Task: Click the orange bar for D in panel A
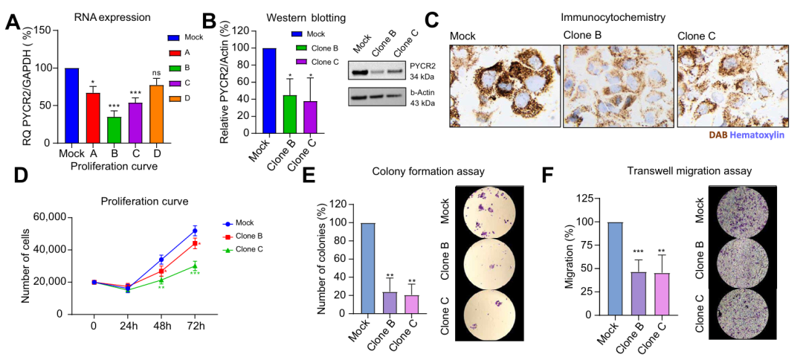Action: [157, 113]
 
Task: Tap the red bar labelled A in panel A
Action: [93, 117]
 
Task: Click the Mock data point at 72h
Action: [195, 231]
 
